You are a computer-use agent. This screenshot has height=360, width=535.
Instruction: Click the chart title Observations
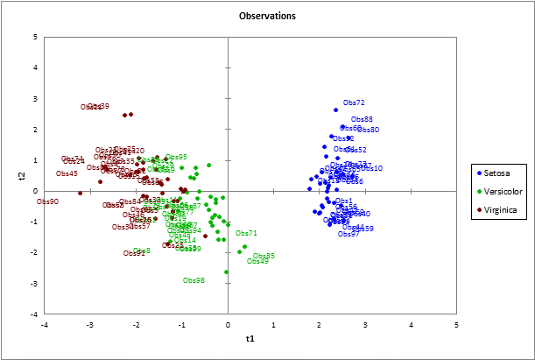tap(267, 17)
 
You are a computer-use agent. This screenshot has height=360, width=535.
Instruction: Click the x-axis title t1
tap(250, 338)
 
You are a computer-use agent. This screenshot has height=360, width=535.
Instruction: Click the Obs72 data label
tap(354, 102)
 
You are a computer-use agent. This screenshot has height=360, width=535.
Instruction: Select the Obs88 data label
tap(362, 119)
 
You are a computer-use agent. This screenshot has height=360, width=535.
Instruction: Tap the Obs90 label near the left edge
tap(48, 201)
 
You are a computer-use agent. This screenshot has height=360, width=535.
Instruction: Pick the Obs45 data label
tap(67, 173)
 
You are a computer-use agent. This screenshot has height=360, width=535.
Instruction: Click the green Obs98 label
tap(194, 280)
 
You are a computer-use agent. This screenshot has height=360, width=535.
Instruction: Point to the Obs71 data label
tap(246, 233)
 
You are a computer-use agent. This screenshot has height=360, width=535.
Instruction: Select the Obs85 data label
tap(264, 256)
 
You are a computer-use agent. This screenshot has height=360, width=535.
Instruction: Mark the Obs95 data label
tap(176, 157)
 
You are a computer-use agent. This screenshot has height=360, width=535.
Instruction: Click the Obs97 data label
tap(348, 234)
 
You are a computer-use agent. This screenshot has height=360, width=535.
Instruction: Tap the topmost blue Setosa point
tap(335, 110)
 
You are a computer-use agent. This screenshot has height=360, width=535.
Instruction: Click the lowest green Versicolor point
tap(226, 272)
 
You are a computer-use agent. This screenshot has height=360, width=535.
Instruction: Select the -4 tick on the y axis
tap(34, 314)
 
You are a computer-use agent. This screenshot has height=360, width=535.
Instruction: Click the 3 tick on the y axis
tap(34, 98)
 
